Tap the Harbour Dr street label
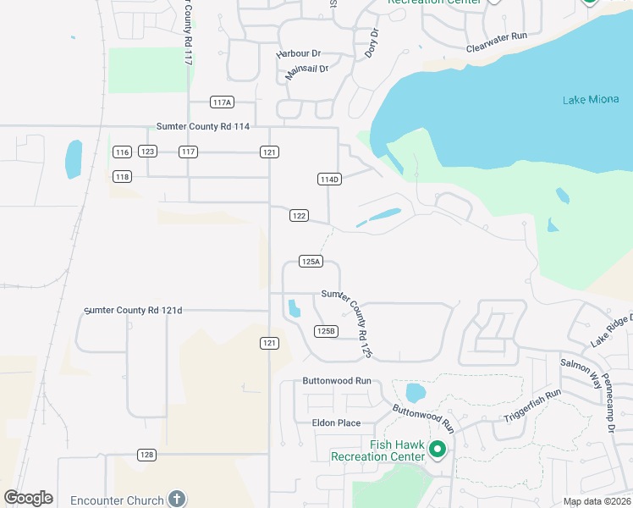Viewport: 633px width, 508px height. pyautogui.click(x=299, y=53)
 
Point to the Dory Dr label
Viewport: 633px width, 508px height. pyautogui.click(x=372, y=44)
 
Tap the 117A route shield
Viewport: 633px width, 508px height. pyautogui.click(x=222, y=102)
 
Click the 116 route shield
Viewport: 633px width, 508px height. pyautogui.click(x=122, y=152)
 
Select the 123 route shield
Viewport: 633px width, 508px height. pyautogui.click(x=147, y=152)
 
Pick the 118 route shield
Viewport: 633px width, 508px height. pyautogui.click(x=122, y=176)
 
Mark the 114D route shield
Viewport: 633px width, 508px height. pyautogui.click(x=328, y=179)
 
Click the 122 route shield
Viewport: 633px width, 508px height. pyautogui.click(x=298, y=216)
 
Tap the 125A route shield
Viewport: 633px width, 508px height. pyautogui.click(x=311, y=262)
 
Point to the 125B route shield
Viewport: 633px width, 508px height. pyautogui.click(x=326, y=331)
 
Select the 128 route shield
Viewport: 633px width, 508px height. pyautogui.click(x=147, y=455)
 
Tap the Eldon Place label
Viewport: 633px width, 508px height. pyautogui.click(x=337, y=423)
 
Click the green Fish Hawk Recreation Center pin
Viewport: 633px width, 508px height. pyautogui.click(x=438, y=449)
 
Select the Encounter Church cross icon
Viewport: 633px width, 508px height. pyautogui.click(x=176, y=500)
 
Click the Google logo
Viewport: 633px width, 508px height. pyautogui.click(x=28, y=498)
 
